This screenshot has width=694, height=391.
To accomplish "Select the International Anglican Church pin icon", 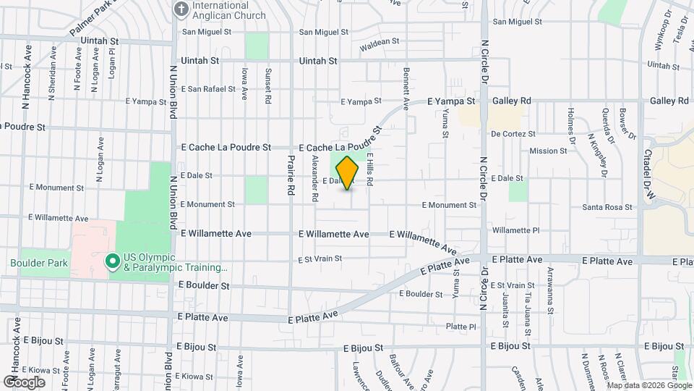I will tap(181, 9).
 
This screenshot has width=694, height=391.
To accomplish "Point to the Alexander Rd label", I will tap(315, 178).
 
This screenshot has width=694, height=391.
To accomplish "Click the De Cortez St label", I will tap(513, 134).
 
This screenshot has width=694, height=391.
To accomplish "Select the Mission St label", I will tap(548, 151).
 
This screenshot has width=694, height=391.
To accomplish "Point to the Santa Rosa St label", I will tap(607, 208).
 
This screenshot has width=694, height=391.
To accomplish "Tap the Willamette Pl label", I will tap(515, 230).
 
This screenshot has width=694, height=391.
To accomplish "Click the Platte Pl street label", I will tap(461, 327).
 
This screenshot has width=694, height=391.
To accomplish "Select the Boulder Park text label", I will tap(39, 263).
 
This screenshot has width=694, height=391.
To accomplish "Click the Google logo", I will tap(24, 382).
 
